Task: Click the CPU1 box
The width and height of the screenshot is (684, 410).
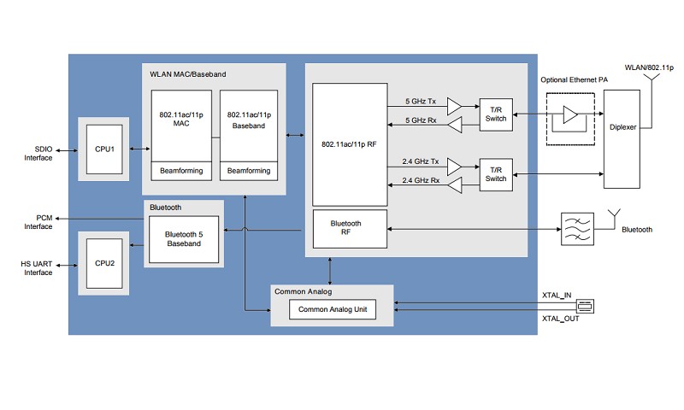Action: click(x=105, y=149)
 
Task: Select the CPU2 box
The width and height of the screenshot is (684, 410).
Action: click(x=105, y=263)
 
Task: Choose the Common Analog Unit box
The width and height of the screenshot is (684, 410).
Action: click(x=332, y=309)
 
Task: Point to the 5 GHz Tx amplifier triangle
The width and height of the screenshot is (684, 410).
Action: click(x=453, y=105)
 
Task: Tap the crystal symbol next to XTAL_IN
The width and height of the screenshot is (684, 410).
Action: click(x=586, y=305)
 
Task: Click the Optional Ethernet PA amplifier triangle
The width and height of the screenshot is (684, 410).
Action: click(x=569, y=114)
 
